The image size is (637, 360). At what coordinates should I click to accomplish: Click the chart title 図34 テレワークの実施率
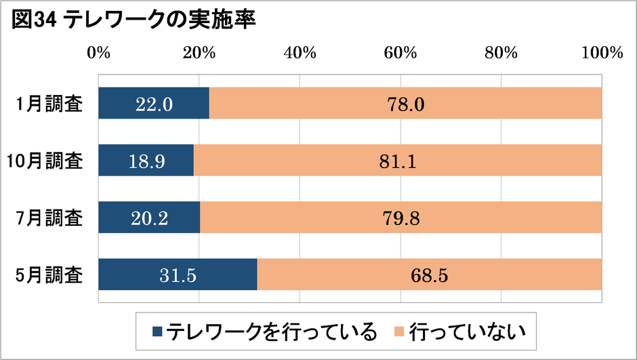point(133,21)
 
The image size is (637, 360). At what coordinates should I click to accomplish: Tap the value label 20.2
point(149,218)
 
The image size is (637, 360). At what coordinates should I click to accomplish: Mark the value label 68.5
point(430,275)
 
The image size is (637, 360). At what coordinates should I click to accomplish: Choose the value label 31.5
point(178,275)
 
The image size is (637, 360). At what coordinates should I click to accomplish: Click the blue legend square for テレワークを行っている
point(157,332)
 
